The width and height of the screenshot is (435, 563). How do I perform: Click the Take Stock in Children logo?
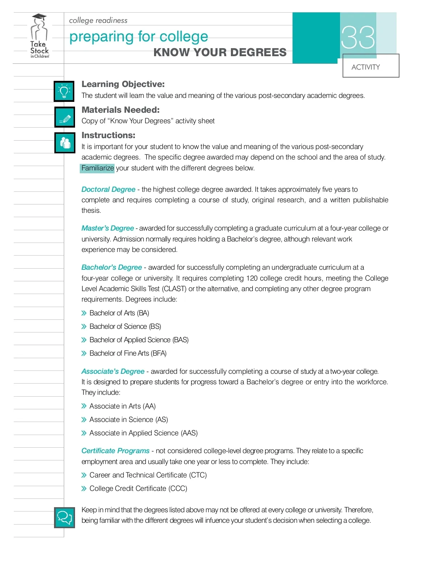(39, 36)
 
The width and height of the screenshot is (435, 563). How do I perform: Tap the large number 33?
(358, 37)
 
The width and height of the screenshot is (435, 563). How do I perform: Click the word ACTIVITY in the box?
(365, 67)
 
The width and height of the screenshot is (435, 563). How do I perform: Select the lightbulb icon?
(64, 91)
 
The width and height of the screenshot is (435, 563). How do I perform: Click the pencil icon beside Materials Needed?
(65, 117)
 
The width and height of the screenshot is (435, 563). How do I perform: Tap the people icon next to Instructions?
(65, 143)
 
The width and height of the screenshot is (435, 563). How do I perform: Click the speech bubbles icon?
(65, 517)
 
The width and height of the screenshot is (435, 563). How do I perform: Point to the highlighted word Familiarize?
(98, 168)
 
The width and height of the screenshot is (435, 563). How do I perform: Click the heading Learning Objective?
(123, 84)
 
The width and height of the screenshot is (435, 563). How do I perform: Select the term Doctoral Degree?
(108, 189)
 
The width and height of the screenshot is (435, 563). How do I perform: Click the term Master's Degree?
(108, 228)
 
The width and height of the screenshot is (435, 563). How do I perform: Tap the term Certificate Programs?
(115, 451)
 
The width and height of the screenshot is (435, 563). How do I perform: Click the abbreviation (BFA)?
(158, 353)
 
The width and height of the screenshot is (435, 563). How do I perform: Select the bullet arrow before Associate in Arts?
(84, 406)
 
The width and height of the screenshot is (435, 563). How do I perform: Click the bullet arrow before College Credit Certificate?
(84, 488)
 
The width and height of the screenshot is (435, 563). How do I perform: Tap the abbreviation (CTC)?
(198, 475)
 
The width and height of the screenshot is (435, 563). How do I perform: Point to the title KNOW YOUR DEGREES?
(220, 53)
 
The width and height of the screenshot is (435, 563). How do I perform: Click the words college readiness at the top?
(98, 20)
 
